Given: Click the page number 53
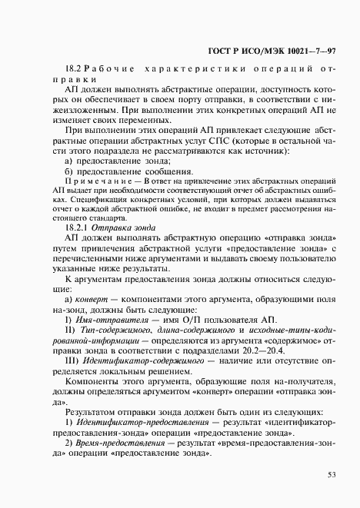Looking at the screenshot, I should pyautogui.click(x=332, y=474).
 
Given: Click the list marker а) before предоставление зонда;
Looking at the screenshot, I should pyautogui.click(x=70, y=159).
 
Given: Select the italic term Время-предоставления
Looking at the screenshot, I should pyautogui.click(x=117, y=444).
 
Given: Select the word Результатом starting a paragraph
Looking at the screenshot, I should pyautogui.click(x=92, y=410).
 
